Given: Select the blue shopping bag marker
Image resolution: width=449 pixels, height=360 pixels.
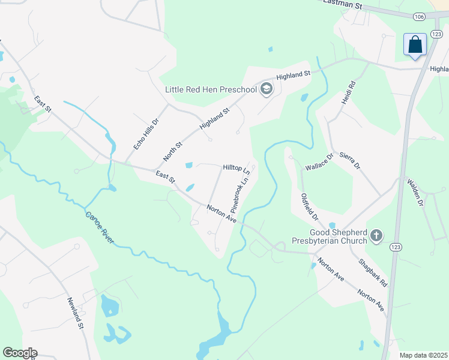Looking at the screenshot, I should (x=415, y=44).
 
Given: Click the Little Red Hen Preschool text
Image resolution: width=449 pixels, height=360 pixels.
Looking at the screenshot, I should (x=211, y=90).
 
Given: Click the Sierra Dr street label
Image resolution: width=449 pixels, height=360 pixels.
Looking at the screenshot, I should (x=349, y=160).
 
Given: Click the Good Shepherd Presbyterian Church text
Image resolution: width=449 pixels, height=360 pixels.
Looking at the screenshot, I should (x=338, y=236).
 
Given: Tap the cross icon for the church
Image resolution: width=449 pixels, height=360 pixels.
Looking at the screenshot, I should (x=376, y=236).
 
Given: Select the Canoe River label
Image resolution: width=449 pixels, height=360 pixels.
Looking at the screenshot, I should (x=100, y=227).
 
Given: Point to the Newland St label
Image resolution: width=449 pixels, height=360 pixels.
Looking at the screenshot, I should (x=74, y=313).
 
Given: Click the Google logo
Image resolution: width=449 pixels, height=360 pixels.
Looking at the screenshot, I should (x=20, y=353).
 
